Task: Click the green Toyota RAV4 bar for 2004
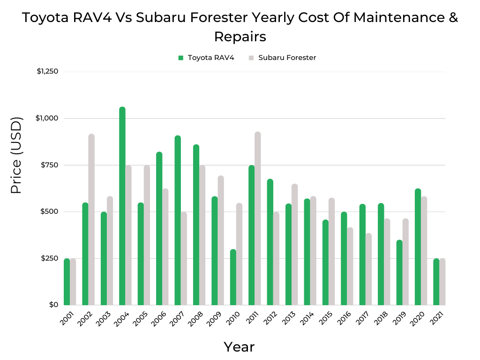pyautogui.click(x=122, y=206)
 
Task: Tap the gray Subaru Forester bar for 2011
pyautogui.click(x=257, y=218)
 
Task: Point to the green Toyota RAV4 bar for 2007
pyautogui.click(x=178, y=220)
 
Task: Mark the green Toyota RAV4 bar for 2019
pyautogui.click(x=399, y=272)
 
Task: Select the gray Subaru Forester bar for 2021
pyautogui.click(x=442, y=282)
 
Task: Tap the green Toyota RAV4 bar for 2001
pyautogui.click(x=67, y=282)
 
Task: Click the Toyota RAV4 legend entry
pyautogui.click(x=206, y=58)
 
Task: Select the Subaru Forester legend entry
pyautogui.click(x=282, y=58)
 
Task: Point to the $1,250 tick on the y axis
pyautogui.click(x=47, y=72)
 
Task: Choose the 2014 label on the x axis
pyautogui.click(x=307, y=321)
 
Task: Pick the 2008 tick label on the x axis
pyautogui.click(x=195, y=321)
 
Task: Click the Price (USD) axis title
pyautogui.click(x=16, y=156)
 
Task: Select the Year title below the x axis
pyautogui.click(x=239, y=347)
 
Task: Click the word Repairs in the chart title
pyautogui.click(x=240, y=36)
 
